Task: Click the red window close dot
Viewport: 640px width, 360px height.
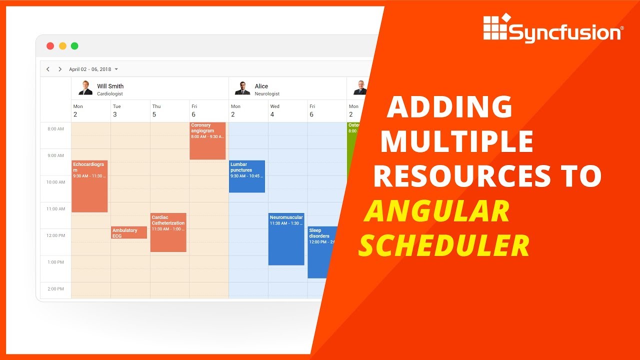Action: [50, 46]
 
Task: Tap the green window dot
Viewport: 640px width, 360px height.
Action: [74, 46]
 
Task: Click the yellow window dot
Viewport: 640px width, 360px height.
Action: [62, 46]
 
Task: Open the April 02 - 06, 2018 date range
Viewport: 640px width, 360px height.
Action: [93, 69]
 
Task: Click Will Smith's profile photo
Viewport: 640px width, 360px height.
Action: [85, 88]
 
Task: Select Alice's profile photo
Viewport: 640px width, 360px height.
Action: [242, 88]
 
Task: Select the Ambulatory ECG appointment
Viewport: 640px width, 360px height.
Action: [128, 232]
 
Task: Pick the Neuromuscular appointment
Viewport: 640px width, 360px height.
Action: [286, 239]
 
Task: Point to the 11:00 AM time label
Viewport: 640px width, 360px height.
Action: [55, 209]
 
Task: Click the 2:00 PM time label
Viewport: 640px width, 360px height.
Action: [55, 289]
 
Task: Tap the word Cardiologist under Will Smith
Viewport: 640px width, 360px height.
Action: [109, 94]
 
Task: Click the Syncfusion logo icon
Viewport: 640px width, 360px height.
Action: [496, 28]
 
